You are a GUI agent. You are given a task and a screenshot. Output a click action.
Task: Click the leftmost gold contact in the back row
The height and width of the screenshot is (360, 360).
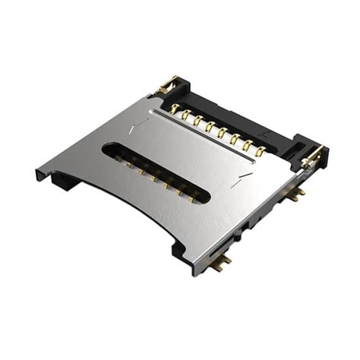[174, 108]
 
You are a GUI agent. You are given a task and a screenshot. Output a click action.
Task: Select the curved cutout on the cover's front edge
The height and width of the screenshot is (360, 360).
[129, 205]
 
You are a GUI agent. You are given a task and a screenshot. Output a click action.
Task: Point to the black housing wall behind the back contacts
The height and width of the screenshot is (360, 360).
[228, 114]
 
